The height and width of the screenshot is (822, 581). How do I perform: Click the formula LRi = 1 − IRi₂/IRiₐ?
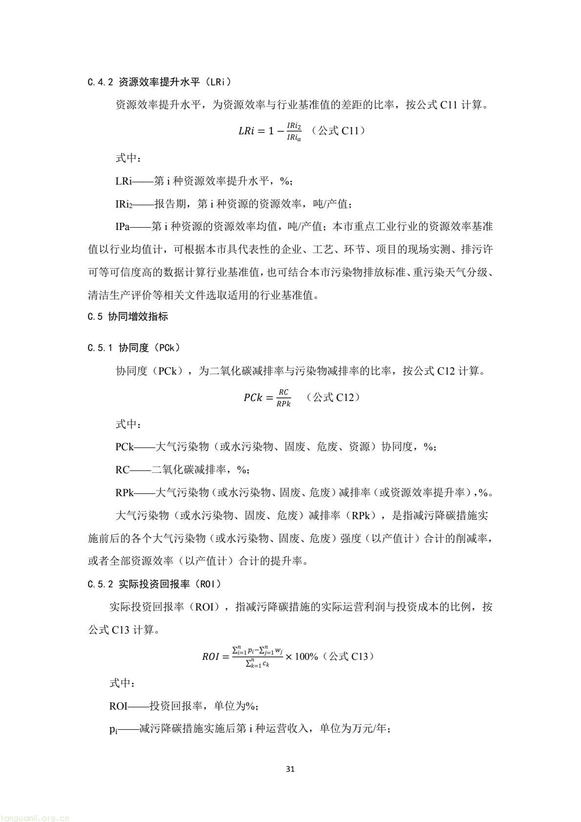270,131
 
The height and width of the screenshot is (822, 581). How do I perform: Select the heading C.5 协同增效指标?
128,316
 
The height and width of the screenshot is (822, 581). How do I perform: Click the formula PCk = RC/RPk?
268,398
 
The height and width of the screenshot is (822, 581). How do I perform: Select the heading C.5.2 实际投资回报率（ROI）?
155,584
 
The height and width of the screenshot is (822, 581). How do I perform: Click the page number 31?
290,769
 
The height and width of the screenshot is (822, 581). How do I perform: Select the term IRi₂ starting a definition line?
124,204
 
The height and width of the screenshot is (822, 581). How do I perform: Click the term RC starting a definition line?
123,470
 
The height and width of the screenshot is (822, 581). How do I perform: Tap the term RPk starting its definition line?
124,493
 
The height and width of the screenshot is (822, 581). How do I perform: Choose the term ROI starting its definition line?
119,706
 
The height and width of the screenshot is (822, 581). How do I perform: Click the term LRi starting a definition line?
124,181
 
